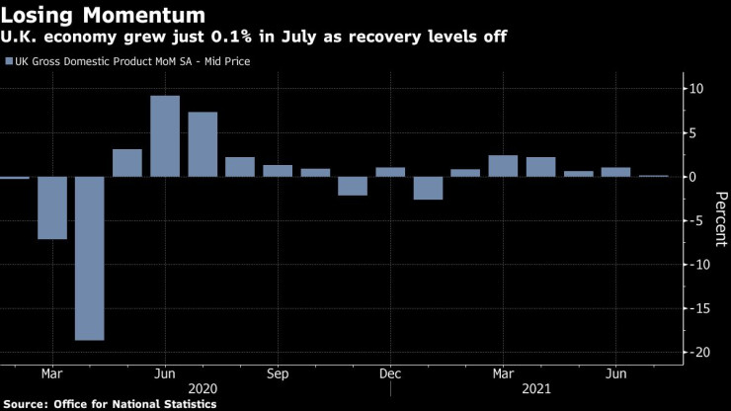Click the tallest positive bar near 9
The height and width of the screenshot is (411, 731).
[x=164, y=135]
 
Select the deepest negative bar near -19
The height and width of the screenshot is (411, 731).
[x=89, y=258]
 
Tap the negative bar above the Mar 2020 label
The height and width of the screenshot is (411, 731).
[x=51, y=207]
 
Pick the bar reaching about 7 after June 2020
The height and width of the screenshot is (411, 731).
[x=203, y=144]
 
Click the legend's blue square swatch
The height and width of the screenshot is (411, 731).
[x=9, y=62]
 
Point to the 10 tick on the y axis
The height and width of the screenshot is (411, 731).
[x=696, y=89]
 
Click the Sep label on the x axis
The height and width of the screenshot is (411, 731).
[x=278, y=373]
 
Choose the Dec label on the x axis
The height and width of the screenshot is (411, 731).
[x=390, y=373]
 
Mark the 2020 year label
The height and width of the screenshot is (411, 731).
[x=203, y=389]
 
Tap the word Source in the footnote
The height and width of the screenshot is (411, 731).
[x=27, y=404]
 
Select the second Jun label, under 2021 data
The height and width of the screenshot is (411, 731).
[x=614, y=373]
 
